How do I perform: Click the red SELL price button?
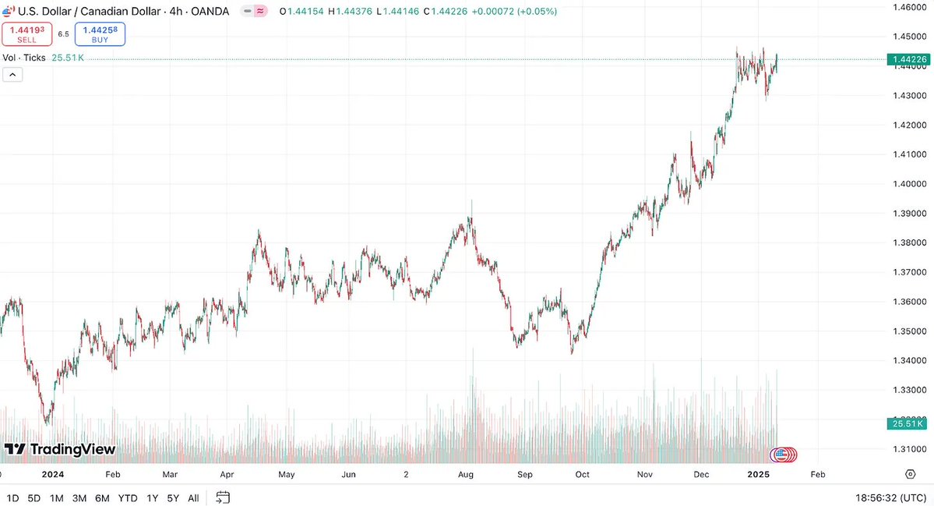[26, 34]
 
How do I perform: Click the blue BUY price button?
[100, 34]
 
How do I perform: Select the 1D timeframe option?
[13, 497]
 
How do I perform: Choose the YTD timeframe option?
[127, 497]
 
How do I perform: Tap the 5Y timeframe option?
[172, 497]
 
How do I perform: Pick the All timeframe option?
[193, 497]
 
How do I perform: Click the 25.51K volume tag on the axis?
[906, 423]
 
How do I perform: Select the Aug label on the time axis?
[466, 474]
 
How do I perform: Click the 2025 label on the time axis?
[758, 474]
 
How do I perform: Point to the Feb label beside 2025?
[817, 474]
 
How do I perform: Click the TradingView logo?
[60, 449]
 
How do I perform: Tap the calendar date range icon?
[223, 497]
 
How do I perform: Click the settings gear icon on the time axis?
[910, 474]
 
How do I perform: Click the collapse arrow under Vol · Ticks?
[13, 75]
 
